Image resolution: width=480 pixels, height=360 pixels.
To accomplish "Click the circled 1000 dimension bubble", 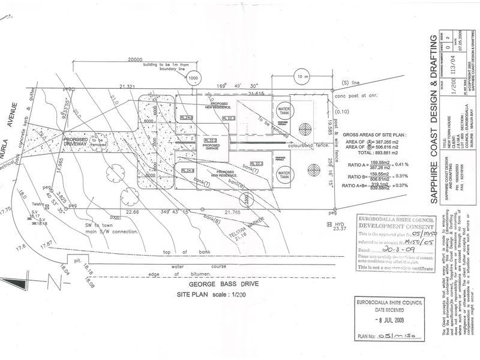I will point(193,79).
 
